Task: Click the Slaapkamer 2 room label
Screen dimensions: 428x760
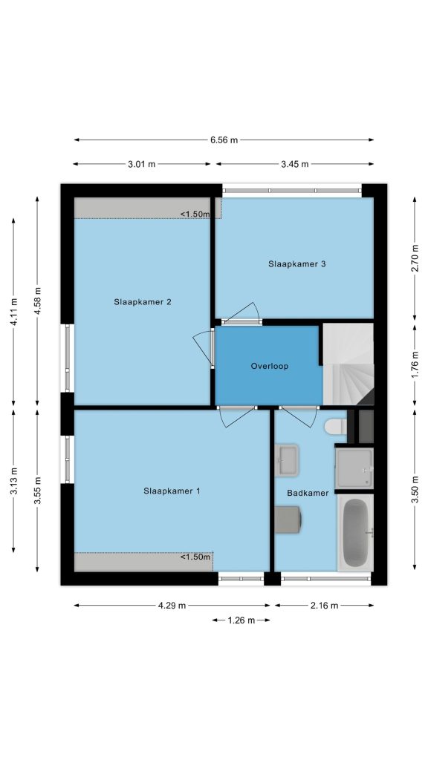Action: tap(143, 302)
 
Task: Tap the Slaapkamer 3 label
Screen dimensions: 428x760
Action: tap(297, 264)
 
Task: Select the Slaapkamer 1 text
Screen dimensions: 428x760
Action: tap(172, 491)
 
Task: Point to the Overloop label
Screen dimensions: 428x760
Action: tap(269, 366)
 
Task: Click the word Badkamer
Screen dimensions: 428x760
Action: tap(308, 493)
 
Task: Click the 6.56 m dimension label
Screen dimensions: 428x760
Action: tap(224, 140)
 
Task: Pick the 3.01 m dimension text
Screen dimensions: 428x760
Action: tap(142, 164)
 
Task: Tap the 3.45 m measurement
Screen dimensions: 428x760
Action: tap(294, 164)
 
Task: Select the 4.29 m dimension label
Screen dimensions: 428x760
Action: tap(172, 606)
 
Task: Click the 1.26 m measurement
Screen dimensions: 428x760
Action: tap(241, 620)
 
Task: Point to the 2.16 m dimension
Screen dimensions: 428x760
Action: tap(324, 606)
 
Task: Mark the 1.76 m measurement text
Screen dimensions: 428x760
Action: tap(415, 365)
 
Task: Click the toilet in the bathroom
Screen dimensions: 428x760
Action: tap(335, 427)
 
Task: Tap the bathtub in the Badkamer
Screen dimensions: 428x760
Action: tap(355, 532)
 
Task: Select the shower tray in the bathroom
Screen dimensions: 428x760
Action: tap(354, 468)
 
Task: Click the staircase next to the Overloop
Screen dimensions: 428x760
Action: tap(348, 364)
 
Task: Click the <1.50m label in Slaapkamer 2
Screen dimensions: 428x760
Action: tap(195, 214)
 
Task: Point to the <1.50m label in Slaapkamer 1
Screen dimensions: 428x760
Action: tap(195, 557)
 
